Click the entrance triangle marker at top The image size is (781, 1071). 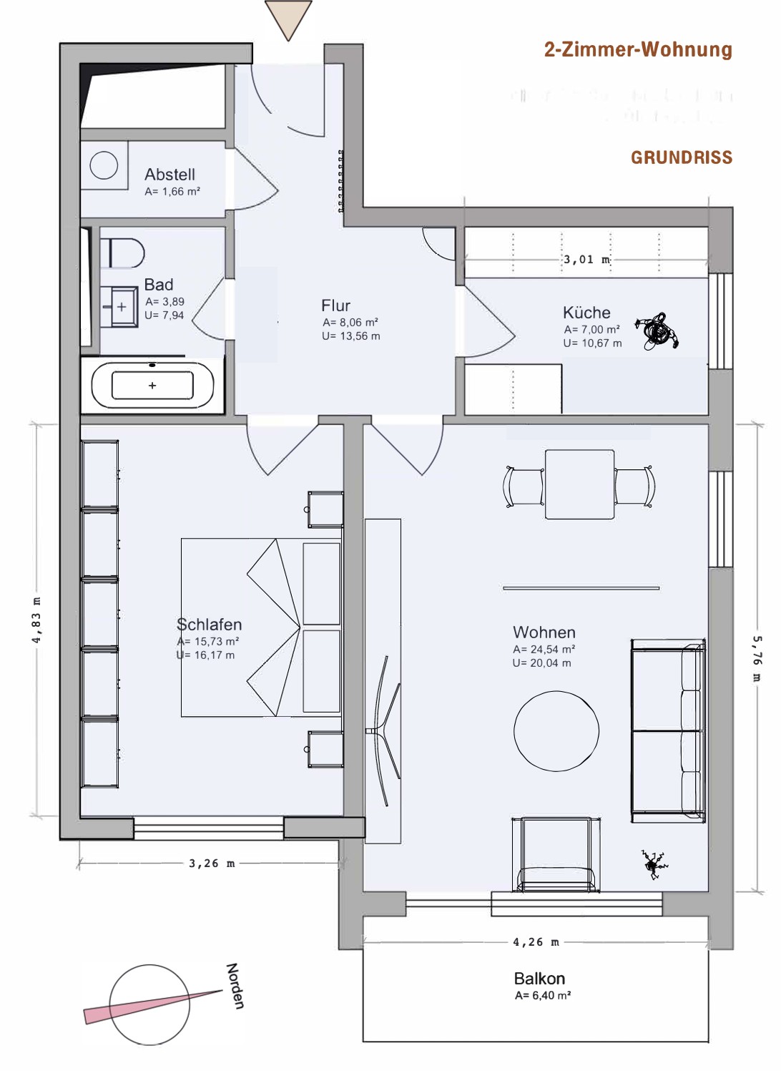[288, 19]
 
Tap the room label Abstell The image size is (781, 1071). [170, 175]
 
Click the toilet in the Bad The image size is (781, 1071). [122, 253]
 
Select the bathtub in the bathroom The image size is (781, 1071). [152, 385]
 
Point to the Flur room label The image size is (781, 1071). [335, 305]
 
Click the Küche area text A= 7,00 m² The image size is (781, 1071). [591, 329]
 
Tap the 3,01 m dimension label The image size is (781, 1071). [587, 260]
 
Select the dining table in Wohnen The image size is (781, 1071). [580, 484]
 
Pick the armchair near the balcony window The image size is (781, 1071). [556, 855]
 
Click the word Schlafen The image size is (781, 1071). [209, 625]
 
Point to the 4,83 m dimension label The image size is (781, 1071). [36, 620]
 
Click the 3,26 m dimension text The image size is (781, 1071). [212, 864]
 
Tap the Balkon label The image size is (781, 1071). [539, 979]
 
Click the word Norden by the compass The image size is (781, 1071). [235, 986]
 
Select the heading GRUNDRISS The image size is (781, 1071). [682, 158]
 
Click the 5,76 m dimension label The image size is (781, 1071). [757, 658]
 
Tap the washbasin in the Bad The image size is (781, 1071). [119, 306]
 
